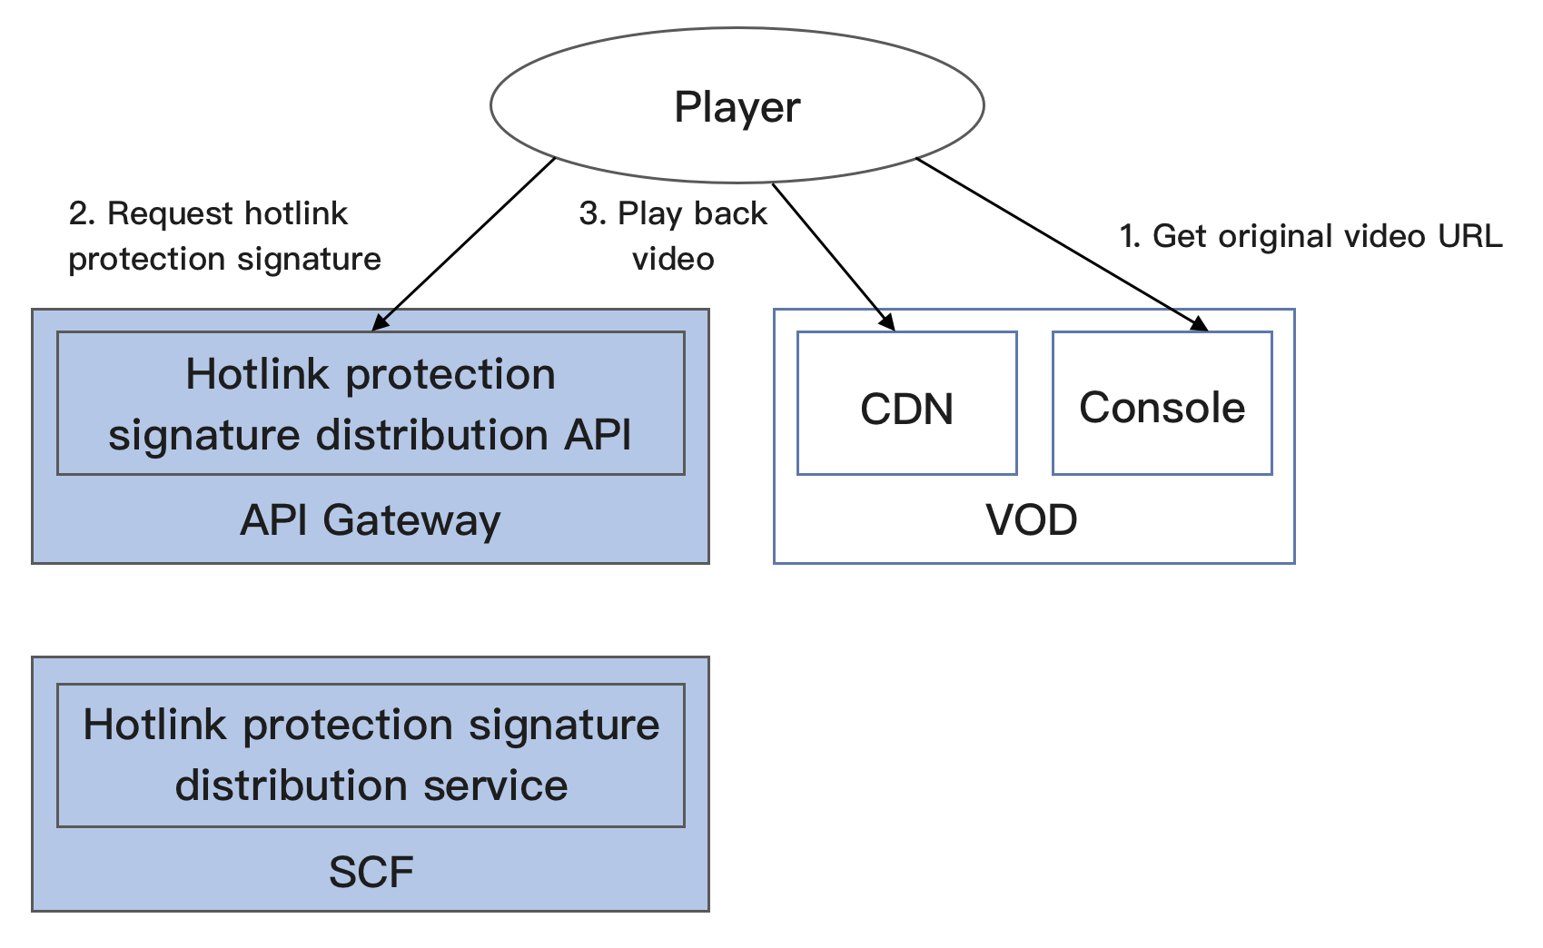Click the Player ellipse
pyautogui.click(x=737, y=105)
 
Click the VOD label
pyautogui.click(x=1032, y=520)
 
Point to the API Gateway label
pyautogui.click(x=370, y=520)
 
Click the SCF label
pyautogui.click(x=371, y=872)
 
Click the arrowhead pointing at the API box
pyautogui.click(x=380, y=321)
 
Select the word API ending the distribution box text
pyautogui.click(x=598, y=435)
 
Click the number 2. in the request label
pyautogui.click(x=82, y=213)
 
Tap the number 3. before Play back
pyautogui.click(x=592, y=213)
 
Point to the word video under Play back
pyautogui.click(x=673, y=260)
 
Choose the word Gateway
pyautogui.click(x=411, y=521)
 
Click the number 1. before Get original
pyautogui.click(x=1130, y=236)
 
